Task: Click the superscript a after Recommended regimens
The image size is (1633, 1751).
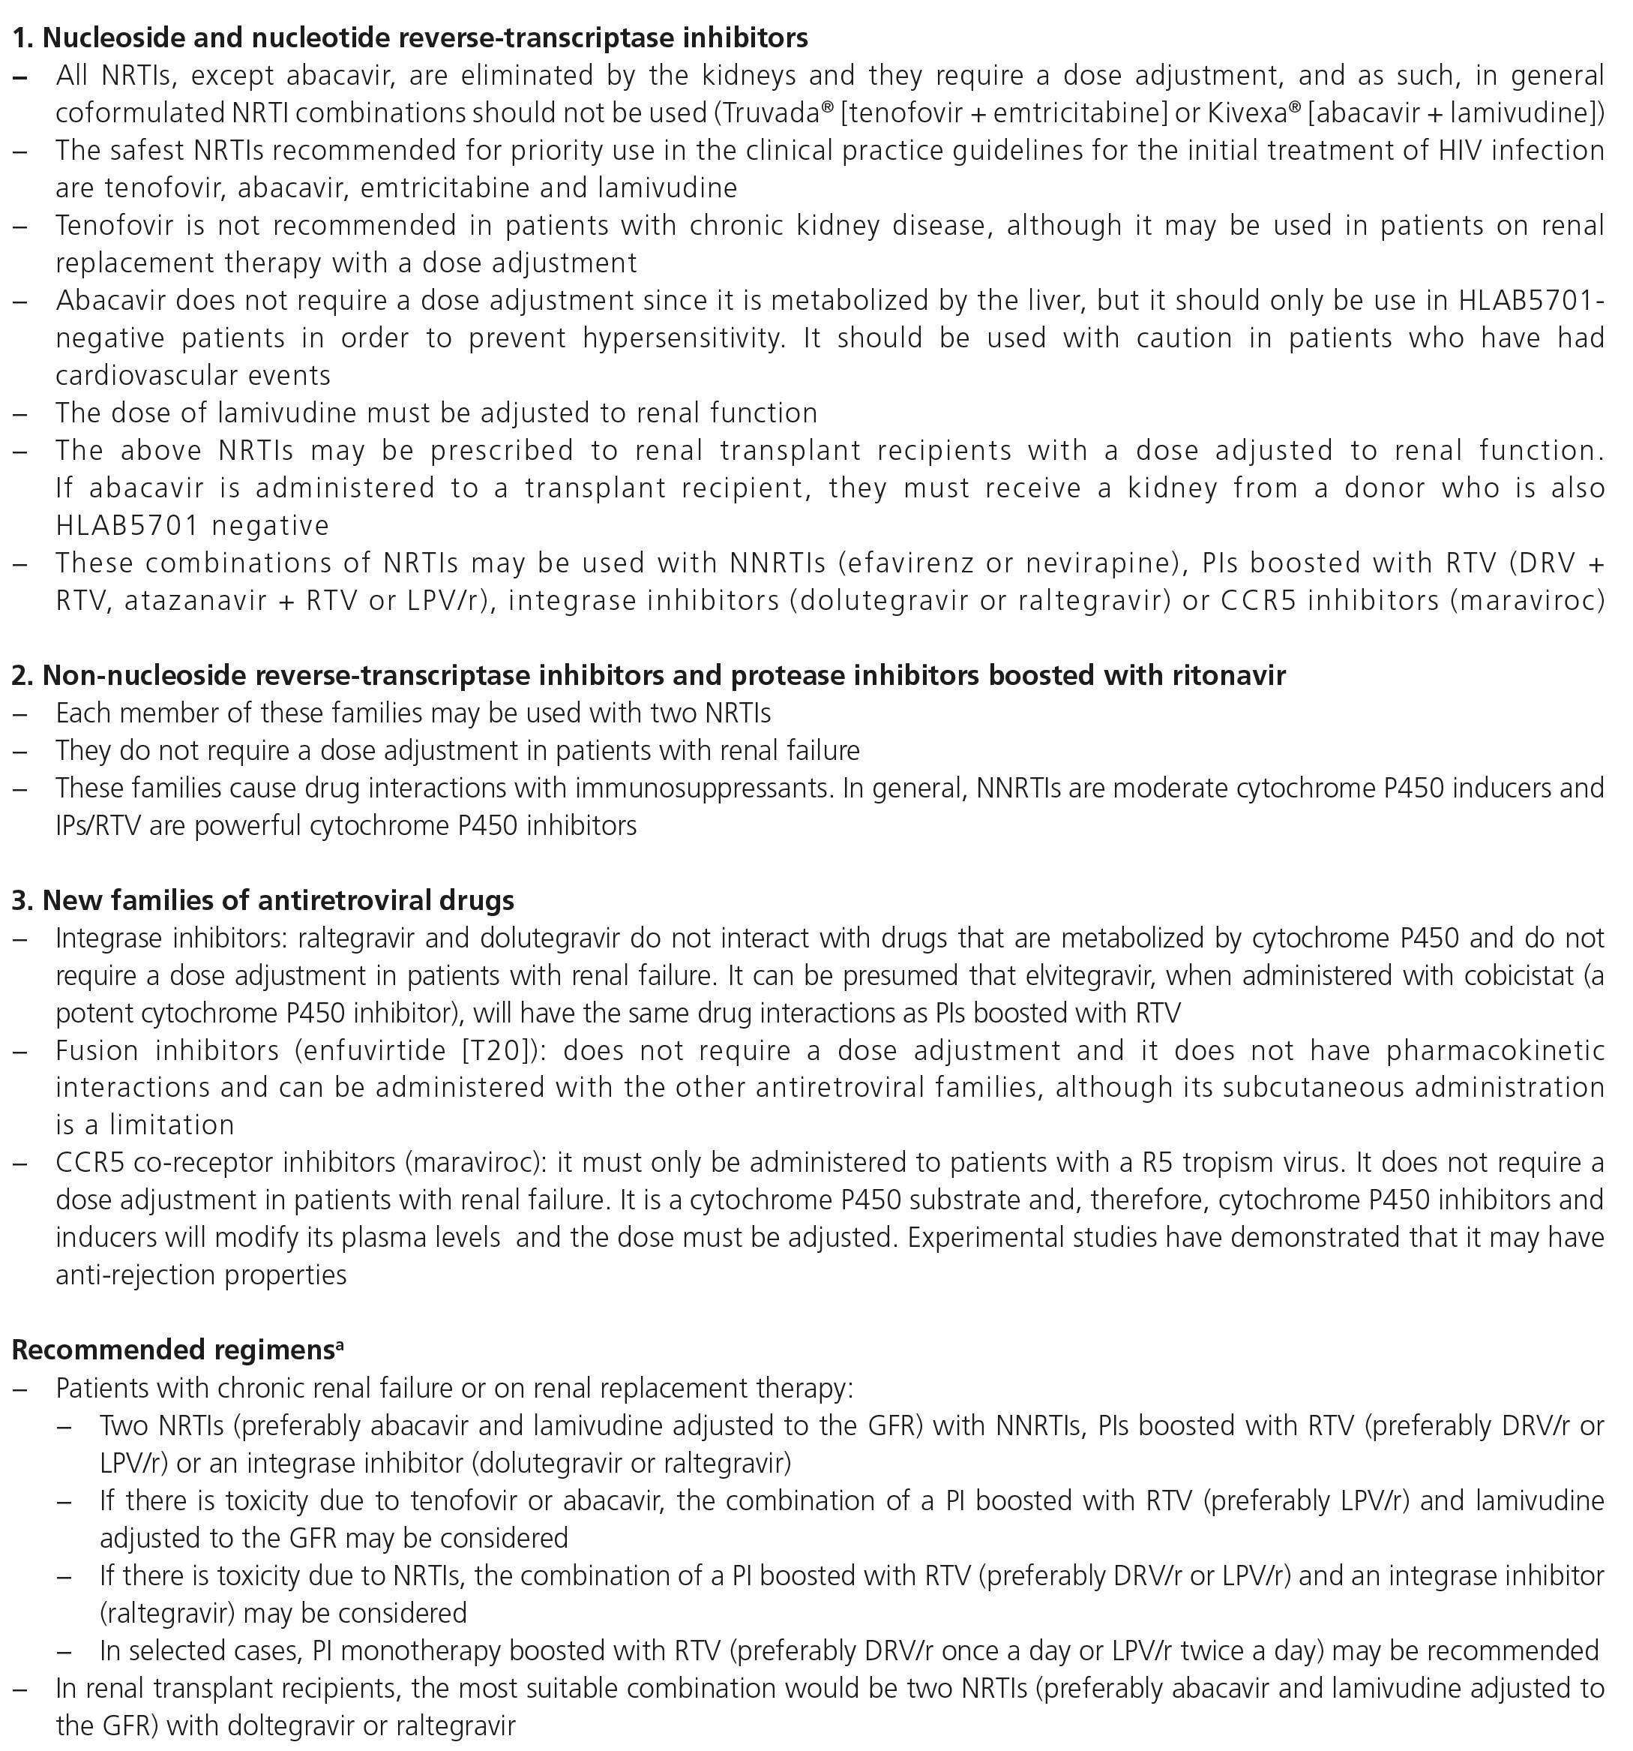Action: (x=340, y=1344)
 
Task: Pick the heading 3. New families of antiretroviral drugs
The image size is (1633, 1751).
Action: (x=263, y=900)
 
